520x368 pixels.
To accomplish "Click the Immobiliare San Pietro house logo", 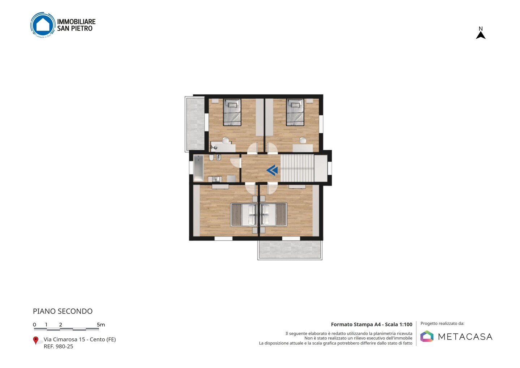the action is tap(43, 25).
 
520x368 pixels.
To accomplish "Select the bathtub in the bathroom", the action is tap(199, 168).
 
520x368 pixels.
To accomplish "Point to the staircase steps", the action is tap(297, 168).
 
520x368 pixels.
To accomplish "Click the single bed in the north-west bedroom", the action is tap(232, 112).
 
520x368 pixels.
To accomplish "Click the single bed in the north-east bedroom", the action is tap(295, 112).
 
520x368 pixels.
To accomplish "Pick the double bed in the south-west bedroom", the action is tap(244, 215).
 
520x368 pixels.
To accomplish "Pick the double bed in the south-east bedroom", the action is tap(273, 215).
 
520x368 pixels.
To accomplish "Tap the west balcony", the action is tap(195, 124).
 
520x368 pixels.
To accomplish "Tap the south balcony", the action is tap(290, 250).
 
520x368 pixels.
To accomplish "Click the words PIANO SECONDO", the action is tap(63, 311).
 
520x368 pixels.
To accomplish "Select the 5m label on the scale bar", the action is tap(101, 325).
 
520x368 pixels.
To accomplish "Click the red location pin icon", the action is tap(35, 341).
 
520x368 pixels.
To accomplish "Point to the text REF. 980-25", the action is tap(58, 346).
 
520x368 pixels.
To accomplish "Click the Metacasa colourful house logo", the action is tap(427, 336).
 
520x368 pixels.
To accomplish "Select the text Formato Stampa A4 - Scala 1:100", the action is tap(372, 324).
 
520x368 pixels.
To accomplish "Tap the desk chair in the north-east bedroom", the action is tap(303, 140).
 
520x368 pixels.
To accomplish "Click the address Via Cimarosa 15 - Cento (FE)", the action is tap(79, 339).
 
